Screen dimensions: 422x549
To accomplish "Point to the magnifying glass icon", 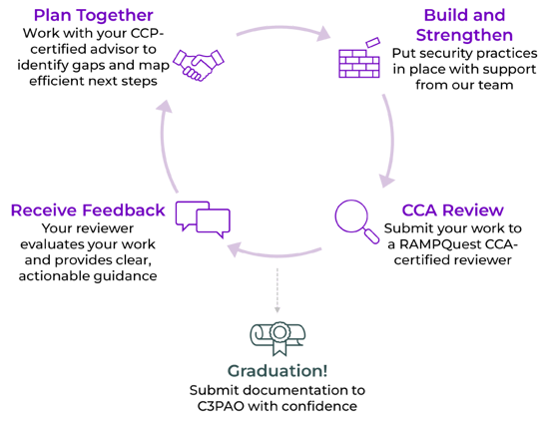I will (x=352, y=216).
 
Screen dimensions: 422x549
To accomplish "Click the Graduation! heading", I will (x=274, y=367).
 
